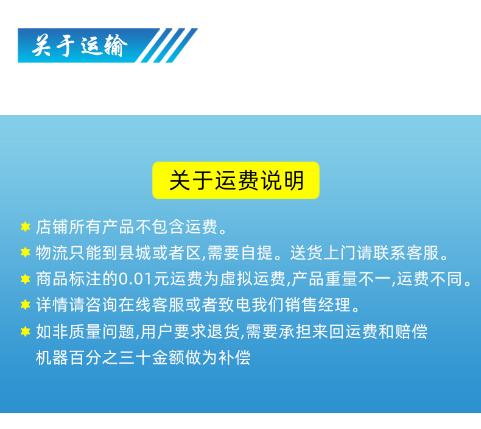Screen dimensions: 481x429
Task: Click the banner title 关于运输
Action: (x=80, y=46)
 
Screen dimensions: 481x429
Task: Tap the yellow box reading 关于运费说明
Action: (x=236, y=180)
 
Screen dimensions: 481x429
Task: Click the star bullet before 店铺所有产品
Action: (x=25, y=227)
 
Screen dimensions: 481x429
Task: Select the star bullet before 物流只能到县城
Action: (x=25, y=253)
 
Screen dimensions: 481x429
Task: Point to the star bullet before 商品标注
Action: (x=25, y=279)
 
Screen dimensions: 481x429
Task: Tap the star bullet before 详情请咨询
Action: (x=25, y=305)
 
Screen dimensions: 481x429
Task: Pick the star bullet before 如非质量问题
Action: (x=25, y=331)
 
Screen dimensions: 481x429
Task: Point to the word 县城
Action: (x=135, y=253)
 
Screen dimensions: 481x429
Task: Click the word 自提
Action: (x=257, y=253)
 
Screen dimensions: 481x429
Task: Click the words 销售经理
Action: (x=317, y=305)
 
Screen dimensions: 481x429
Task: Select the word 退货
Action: (x=223, y=331)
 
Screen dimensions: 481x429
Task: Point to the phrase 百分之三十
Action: (x=110, y=358)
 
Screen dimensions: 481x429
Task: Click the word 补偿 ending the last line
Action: (x=234, y=358)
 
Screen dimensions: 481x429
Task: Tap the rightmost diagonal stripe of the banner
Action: (x=182, y=46)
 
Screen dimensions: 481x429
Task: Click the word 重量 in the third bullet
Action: (x=342, y=279)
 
